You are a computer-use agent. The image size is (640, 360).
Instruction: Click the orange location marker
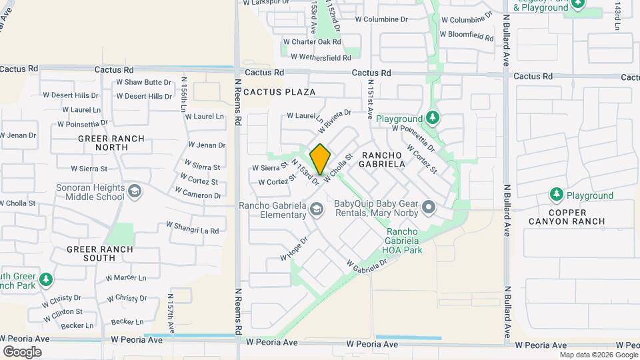coord(320,159)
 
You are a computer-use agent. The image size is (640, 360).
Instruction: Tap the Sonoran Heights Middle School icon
coord(135,192)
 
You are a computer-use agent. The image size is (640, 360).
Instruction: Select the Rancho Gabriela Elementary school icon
coord(316,210)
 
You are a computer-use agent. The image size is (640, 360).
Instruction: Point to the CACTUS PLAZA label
coord(279,91)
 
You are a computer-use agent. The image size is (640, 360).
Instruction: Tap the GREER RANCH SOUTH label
coord(100,253)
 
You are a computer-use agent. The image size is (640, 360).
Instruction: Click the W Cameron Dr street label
coord(198,193)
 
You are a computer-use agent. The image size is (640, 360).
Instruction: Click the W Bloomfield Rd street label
coord(466,34)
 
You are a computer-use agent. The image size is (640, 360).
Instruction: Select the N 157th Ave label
coord(171,314)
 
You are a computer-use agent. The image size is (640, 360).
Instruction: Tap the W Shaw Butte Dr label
coord(144,82)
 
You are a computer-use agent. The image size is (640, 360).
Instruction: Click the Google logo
coord(22,351)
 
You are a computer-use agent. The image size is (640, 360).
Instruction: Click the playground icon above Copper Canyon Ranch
coord(556,195)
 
